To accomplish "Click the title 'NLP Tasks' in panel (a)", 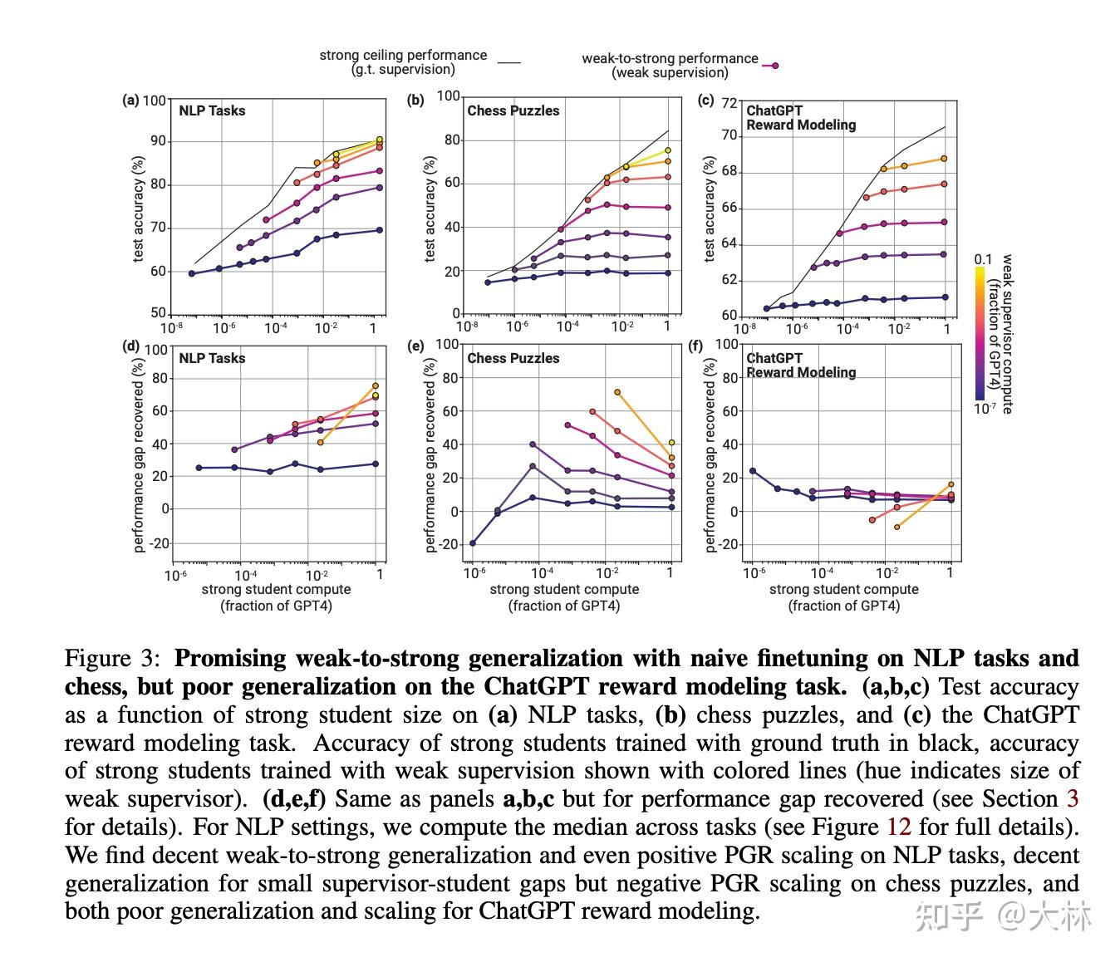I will pos(212,110).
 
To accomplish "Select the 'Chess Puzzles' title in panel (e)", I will pos(513,358).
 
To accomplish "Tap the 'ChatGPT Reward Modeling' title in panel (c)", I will pos(800,117).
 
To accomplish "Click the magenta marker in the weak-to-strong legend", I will pos(774,66).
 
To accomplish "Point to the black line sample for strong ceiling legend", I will pos(508,62).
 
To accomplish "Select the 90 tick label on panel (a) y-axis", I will pos(157,141).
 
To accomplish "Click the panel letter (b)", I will pos(415,101).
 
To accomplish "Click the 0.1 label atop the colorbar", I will pos(983,260).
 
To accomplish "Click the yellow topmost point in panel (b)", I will pos(667,151).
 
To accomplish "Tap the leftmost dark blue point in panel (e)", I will pos(473,543).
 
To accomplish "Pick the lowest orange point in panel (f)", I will pos(896,527).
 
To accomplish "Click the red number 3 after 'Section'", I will pos(1073,798).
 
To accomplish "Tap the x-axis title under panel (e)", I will pos(564,597).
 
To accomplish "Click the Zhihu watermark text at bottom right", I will pos(1003,915).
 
